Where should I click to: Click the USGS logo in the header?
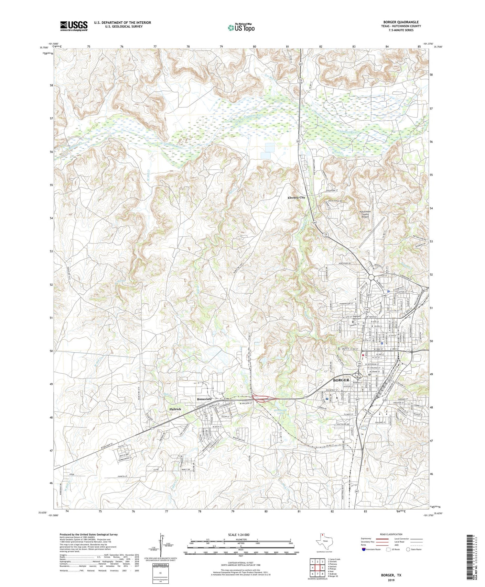click(74, 26)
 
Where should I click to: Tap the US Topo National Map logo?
click(241, 28)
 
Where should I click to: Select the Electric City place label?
click(296, 197)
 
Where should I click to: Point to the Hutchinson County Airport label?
click(365, 214)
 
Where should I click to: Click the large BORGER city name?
click(341, 380)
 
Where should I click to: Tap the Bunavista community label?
click(204, 399)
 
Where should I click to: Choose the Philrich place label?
click(175, 409)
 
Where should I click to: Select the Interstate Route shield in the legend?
click(364, 549)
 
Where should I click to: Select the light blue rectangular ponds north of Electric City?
click(267, 151)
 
